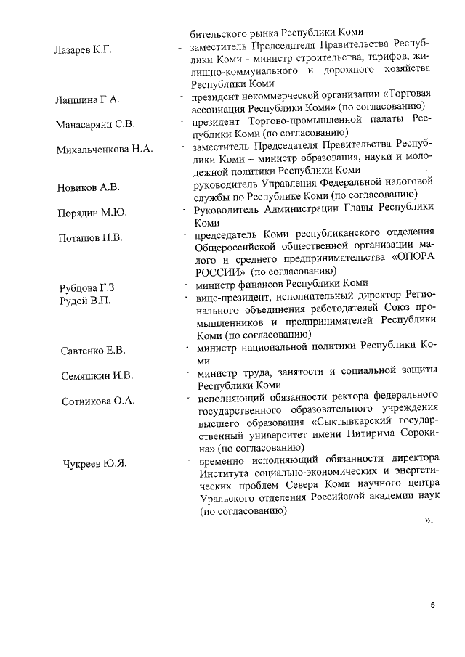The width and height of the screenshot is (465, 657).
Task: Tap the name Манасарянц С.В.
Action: coord(95,124)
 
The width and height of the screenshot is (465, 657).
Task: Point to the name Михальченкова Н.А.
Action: coord(104,150)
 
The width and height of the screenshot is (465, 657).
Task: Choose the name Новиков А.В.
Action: coord(88,188)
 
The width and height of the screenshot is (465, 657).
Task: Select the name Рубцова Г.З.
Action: coord(89,287)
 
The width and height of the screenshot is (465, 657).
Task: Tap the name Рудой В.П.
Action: coord(84,300)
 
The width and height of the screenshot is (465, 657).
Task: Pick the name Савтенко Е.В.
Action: coord(92,351)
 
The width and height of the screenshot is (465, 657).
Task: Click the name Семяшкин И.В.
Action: coord(97,375)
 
